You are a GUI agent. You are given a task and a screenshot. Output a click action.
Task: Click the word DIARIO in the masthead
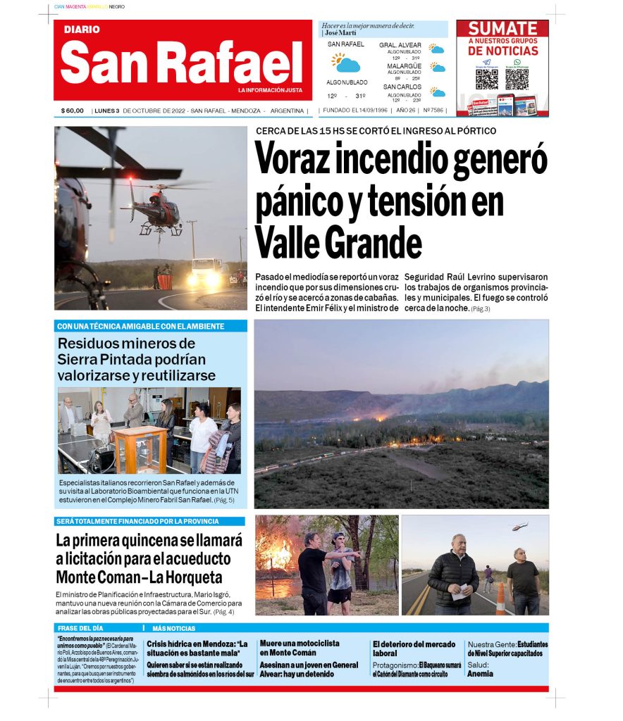[x=82, y=30]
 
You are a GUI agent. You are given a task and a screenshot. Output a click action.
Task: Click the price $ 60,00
[x=73, y=111]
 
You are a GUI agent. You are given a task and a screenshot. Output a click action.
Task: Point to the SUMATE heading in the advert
[x=502, y=29]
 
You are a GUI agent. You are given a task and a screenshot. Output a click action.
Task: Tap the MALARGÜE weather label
[x=404, y=66]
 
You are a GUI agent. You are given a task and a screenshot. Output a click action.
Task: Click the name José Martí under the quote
[x=340, y=33]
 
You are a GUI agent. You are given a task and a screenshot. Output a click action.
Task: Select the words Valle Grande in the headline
[x=338, y=244]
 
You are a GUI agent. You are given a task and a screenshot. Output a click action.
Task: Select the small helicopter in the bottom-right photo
[x=519, y=525]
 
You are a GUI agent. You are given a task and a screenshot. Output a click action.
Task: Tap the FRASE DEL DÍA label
[x=80, y=628]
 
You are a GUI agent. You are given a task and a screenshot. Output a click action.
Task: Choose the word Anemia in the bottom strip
[x=480, y=674]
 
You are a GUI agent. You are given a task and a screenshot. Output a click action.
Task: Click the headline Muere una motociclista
[x=300, y=644]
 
